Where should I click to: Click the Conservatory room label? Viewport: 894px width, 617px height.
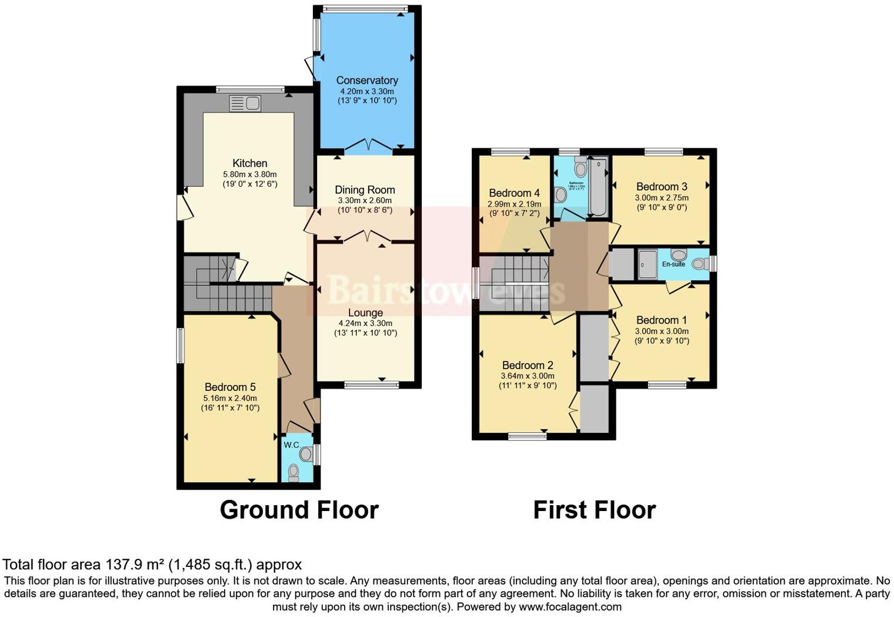tap(366, 80)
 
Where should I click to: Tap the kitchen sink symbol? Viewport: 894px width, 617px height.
tap(245, 104)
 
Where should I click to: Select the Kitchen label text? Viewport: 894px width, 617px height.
tap(249, 163)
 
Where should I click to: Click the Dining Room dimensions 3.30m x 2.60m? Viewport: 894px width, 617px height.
tap(365, 201)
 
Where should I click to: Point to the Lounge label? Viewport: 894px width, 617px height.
tap(365, 313)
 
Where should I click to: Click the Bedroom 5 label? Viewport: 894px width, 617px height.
tap(230, 387)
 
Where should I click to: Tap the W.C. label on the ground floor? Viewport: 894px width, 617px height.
tap(291, 444)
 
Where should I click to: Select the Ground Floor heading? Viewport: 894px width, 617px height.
tap(299, 510)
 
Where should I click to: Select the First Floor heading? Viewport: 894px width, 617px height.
tap(594, 510)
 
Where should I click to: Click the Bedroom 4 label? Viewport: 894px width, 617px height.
tap(514, 193)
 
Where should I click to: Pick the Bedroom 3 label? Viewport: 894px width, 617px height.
tap(661, 187)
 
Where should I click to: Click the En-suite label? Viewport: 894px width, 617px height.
tap(673, 264)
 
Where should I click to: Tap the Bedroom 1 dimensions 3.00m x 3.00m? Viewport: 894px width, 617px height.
tap(661, 331)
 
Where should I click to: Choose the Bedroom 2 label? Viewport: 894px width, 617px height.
tap(527, 365)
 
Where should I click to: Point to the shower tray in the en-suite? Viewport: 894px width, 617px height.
tap(647, 264)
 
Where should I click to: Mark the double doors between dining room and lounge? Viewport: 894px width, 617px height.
tap(368, 237)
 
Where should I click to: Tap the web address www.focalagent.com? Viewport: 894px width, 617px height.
tap(570, 606)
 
